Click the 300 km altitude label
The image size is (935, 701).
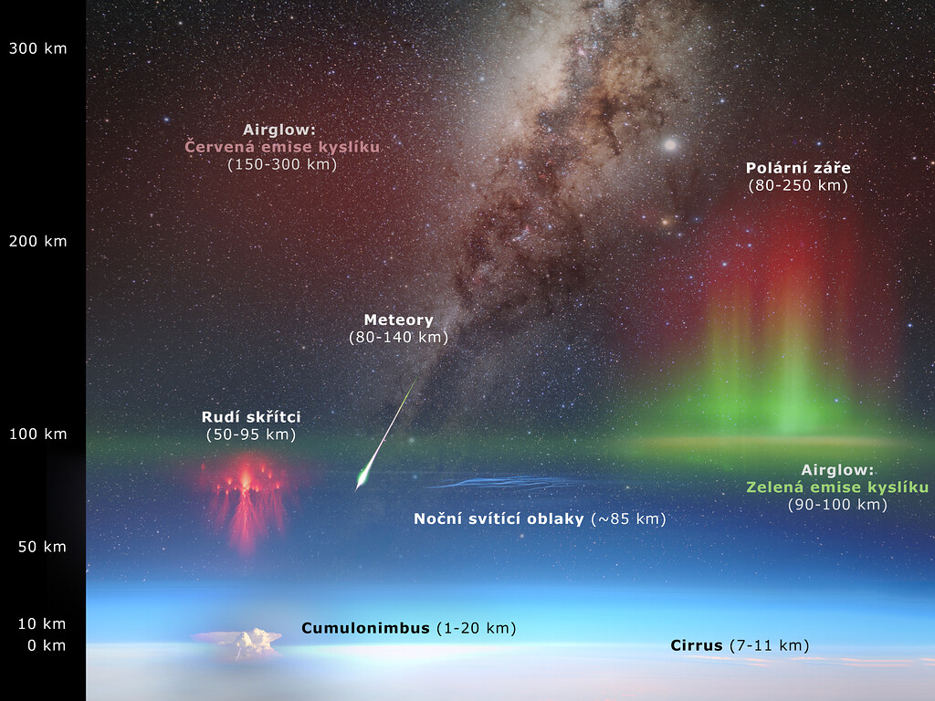(x=37, y=49)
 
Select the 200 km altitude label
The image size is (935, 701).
(x=37, y=241)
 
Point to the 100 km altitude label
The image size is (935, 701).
(x=37, y=434)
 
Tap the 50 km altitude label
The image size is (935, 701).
(x=42, y=547)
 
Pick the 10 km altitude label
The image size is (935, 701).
(x=42, y=624)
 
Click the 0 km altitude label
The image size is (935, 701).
(x=47, y=645)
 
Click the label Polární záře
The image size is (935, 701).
(x=798, y=168)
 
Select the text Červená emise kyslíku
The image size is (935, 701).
(x=282, y=147)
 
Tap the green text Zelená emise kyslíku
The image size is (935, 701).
(x=837, y=487)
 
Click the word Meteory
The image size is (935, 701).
(x=398, y=320)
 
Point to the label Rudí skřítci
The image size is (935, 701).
(x=251, y=416)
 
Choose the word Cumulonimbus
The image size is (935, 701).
(x=365, y=628)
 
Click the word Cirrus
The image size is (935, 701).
(x=697, y=645)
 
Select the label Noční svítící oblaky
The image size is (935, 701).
(x=499, y=518)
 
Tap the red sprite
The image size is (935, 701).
(x=246, y=501)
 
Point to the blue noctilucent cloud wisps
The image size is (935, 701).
(x=504, y=483)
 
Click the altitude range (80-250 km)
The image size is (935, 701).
(x=798, y=185)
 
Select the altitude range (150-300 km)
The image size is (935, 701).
(x=282, y=164)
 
